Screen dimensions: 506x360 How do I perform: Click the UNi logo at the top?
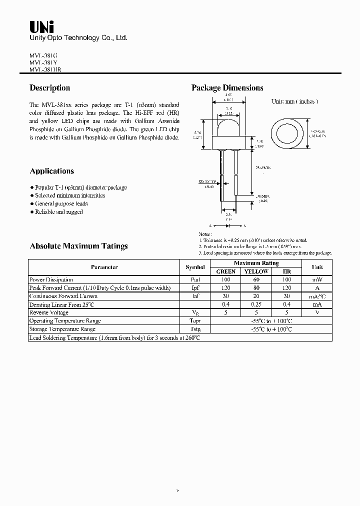tap(42, 26)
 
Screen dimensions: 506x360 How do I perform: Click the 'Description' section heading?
tap(50, 88)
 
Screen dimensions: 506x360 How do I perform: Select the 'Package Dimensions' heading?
tap(227, 88)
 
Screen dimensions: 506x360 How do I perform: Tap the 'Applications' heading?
tap(52, 171)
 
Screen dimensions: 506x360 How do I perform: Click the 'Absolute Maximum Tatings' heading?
tap(79, 246)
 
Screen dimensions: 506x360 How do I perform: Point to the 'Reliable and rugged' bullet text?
tap(58, 212)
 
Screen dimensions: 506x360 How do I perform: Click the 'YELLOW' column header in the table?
tap(256, 271)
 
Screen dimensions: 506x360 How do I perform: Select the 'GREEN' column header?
tap(225, 271)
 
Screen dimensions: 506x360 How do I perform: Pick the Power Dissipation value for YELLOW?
tap(256, 279)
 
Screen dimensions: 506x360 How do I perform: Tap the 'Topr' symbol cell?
tap(195, 321)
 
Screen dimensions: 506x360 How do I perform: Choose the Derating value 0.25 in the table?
tap(256, 304)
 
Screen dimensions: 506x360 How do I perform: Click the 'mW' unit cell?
tap(317, 279)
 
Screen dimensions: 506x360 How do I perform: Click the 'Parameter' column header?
tap(104, 267)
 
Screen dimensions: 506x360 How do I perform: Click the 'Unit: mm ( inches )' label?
tap(295, 101)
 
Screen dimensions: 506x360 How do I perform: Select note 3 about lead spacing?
tap(265, 253)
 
